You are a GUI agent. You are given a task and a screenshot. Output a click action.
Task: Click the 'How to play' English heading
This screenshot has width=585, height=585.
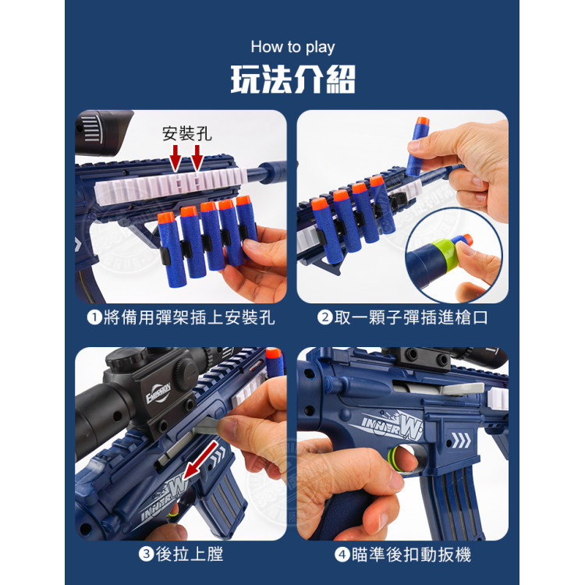click(292, 47)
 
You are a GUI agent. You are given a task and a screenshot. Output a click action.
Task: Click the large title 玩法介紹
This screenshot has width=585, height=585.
click(292, 80)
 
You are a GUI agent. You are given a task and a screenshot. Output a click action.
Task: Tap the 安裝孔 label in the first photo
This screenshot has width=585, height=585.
click(186, 133)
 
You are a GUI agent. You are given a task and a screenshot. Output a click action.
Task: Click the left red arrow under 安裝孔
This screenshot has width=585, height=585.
click(176, 161)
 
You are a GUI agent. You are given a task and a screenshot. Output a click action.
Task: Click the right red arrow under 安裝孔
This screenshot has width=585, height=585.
click(197, 161)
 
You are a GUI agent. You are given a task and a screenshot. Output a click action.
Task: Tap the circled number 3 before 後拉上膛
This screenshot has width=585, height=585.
click(145, 555)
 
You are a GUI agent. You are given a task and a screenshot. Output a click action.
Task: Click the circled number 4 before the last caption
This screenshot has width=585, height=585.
click(342, 555)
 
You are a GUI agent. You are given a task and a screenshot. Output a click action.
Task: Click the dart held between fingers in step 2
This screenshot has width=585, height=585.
click(417, 144)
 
